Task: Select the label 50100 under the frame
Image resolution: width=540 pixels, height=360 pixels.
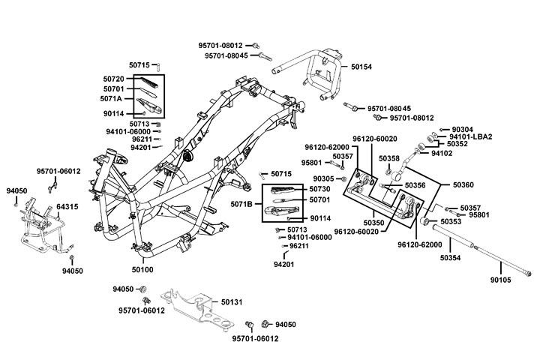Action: pyautogui.click(x=142, y=268)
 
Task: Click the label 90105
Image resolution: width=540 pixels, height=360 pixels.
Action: pyautogui.click(x=501, y=280)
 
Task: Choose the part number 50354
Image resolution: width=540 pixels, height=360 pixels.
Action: pyautogui.click(x=451, y=257)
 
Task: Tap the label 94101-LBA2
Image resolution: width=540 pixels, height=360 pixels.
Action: pyautogui.click(x=493, y=136)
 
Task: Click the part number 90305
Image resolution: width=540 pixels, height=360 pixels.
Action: pyautogui.click(x=324, y=178)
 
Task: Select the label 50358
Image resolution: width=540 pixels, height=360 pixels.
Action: pyautogui.click(x=389, y=159)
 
